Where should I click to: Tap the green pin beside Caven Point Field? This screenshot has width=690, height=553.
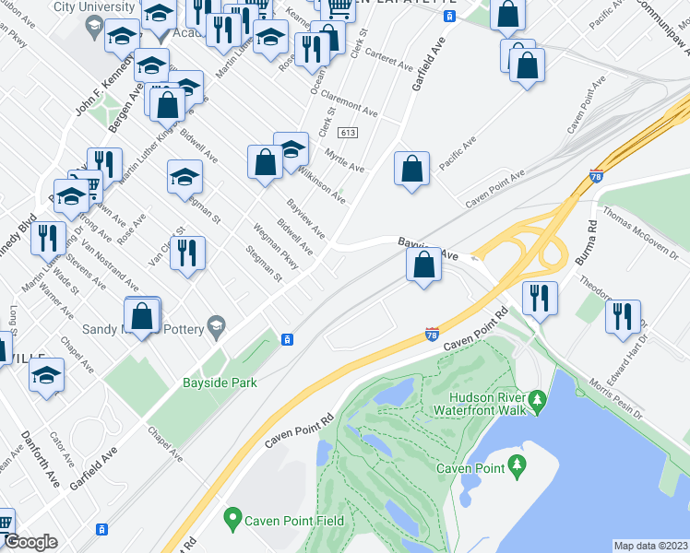click(232, 521)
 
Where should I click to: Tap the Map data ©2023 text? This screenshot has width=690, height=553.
click(650, 545)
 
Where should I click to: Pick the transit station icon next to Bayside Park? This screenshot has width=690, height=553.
click(287, 340)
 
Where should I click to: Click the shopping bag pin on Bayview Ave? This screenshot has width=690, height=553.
click(422, 265)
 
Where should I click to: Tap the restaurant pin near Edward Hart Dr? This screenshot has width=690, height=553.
click(624, 315)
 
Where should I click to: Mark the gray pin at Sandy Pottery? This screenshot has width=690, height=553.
click(216, 324)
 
